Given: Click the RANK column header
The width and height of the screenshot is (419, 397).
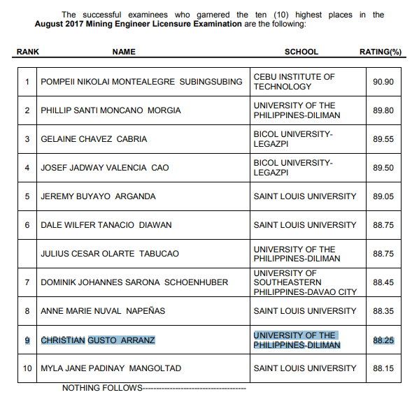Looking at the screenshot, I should pos(27,52).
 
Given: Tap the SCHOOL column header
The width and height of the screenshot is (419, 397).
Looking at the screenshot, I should pos(301,52).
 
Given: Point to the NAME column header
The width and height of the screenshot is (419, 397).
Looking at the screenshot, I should pos(124,52).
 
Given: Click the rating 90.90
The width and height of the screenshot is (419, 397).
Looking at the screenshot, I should pos(383,82).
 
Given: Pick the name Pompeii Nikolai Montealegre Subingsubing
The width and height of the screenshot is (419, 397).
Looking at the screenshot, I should pos(142,82).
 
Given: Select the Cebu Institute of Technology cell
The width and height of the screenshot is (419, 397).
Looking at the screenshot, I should pos(294,82).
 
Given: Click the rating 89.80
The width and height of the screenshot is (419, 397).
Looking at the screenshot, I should pos(383,110).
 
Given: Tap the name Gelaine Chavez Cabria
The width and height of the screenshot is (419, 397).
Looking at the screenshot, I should pos(94,139).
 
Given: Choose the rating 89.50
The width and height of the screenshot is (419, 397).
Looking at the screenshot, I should pos(383,168).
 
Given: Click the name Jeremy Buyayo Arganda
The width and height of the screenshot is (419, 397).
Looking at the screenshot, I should pos(98,196).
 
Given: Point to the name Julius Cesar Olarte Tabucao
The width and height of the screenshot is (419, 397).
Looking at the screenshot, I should pos(111,254).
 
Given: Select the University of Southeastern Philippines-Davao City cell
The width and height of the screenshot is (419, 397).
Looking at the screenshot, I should pos(305,282).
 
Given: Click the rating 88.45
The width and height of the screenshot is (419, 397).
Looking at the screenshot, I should pos(383,282).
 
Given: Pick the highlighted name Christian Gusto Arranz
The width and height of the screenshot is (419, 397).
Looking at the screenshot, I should pos(98,340).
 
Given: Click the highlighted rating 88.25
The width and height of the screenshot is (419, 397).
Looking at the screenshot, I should pos(383,340).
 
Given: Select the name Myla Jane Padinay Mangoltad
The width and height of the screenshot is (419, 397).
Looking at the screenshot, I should pos(111,368).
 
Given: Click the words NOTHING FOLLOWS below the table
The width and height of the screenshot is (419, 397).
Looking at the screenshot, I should pos(101,388).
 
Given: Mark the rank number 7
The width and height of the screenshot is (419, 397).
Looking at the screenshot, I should pos(27,282).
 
